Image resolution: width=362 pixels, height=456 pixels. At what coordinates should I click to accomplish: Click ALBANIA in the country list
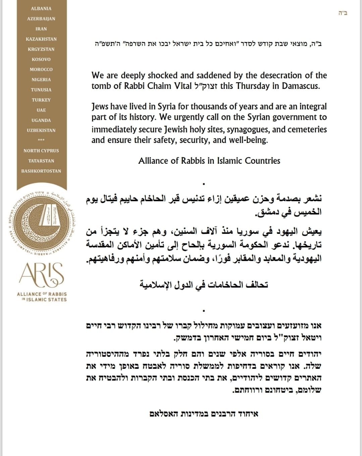pyautogui.click(x=41, y=8)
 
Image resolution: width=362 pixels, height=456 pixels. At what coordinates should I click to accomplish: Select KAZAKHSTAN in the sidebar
pyautogui.click(x=41, y=39)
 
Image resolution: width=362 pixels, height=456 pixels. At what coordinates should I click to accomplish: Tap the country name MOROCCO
pyautogui.click(x=41, y=69)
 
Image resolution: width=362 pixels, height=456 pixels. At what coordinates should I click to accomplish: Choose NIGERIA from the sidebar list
pyautogui.click(x=41, y=80)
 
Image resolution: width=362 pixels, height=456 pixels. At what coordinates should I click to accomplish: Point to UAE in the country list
pyautogui.click(x=41, y=110)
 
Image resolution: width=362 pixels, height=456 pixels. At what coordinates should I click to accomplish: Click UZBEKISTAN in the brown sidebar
pyautogui.click(x=41, y=130)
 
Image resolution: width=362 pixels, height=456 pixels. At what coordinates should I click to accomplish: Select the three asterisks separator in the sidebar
pyautogui.click(x=41, y=140)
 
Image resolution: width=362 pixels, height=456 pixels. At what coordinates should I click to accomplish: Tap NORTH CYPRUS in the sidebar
pyautogui.click(x=41, y=151)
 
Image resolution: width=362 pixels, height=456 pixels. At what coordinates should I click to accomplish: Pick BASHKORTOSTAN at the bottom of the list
pyautogui.click(x=41, y=171)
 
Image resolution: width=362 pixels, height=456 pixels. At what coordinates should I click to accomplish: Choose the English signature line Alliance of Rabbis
pyautogui.click(x=209, y=161)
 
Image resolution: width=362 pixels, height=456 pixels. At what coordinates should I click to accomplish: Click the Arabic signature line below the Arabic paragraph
pyautogui.click(x=204, y=285)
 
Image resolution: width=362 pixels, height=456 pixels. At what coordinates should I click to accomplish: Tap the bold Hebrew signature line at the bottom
pyautogui.click(x=204, y=414)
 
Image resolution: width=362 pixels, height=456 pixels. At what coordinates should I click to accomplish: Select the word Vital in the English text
pyautogui.click(x=183, y=86)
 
